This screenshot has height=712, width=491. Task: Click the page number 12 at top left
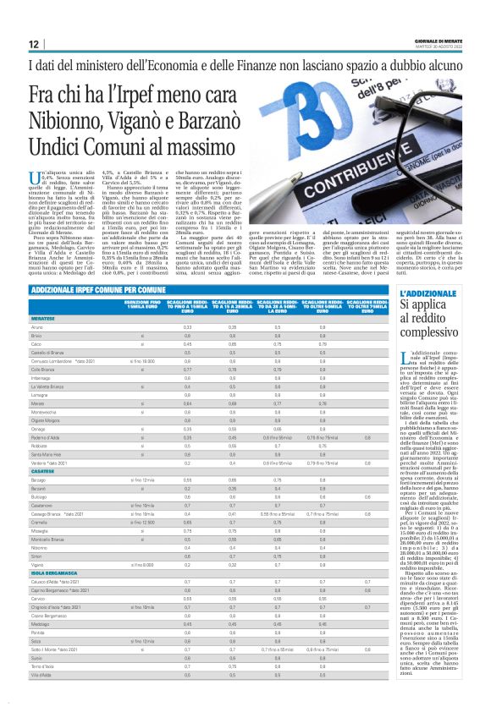click(x=33, y=43)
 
